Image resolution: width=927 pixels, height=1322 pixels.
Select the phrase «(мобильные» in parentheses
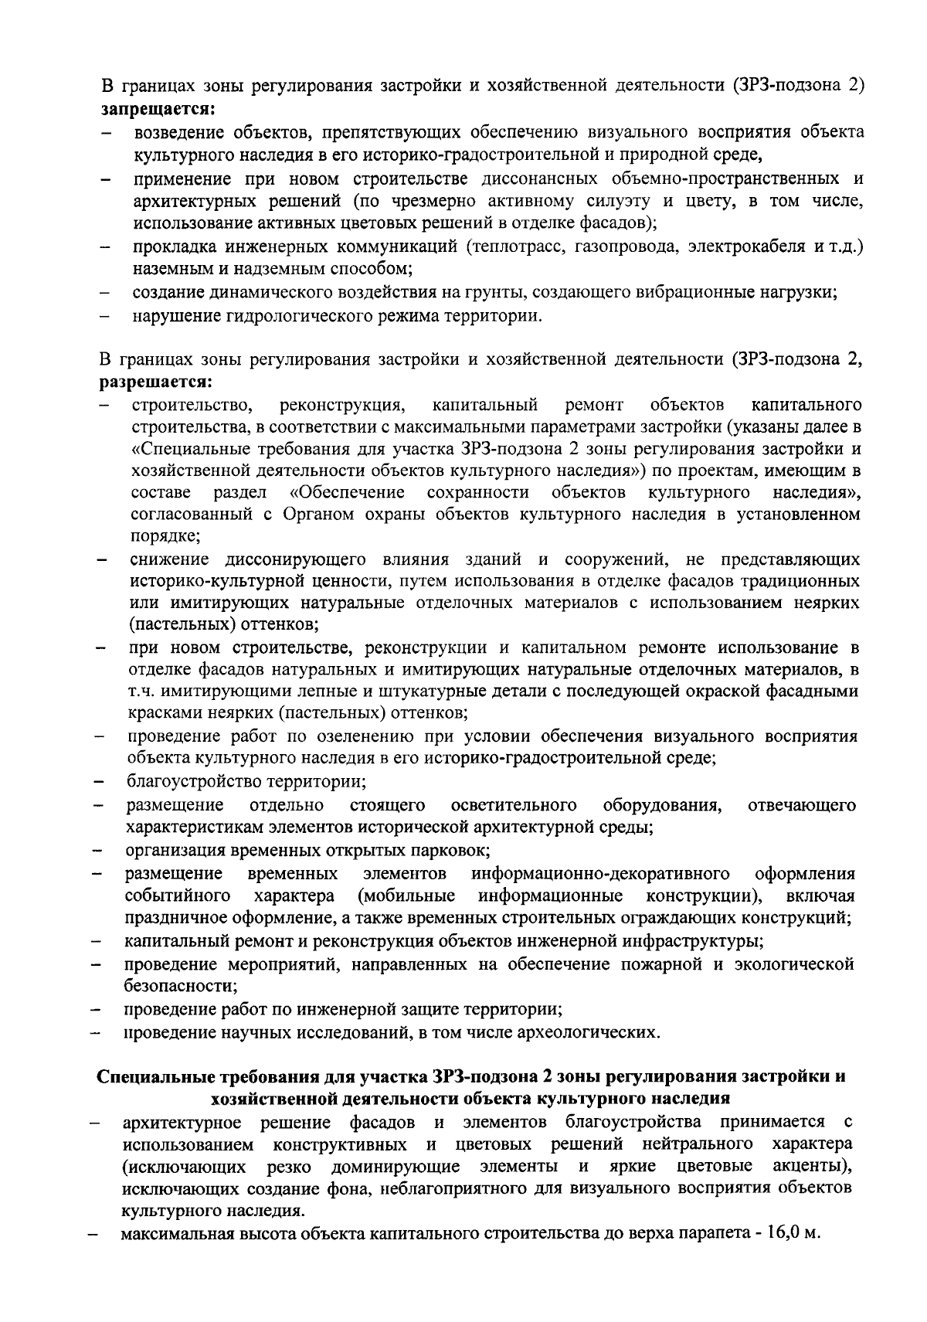(x=406, y=896)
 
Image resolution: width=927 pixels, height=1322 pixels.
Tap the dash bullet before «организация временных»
(x=98, y=852)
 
